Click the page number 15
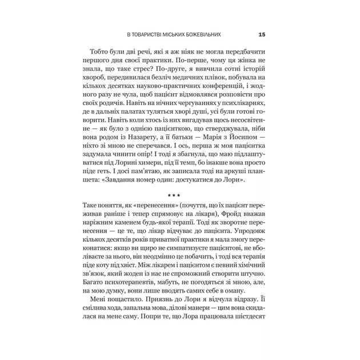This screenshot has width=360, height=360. (262, 34)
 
